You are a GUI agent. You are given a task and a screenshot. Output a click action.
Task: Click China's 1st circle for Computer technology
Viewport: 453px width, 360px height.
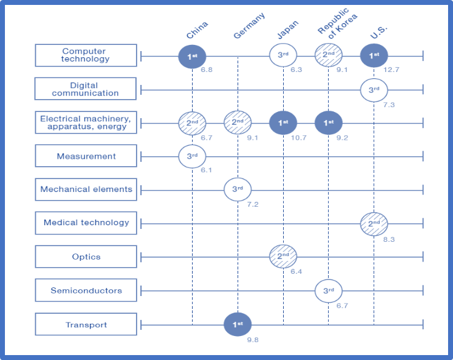pos(192,57)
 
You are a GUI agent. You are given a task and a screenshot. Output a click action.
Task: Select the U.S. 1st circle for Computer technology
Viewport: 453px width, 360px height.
pos(374,55)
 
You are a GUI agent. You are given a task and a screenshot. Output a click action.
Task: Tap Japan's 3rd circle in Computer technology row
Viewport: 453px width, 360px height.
pos(283,55)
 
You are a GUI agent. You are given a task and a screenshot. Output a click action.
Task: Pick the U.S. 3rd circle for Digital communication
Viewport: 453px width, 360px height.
pos(374,90)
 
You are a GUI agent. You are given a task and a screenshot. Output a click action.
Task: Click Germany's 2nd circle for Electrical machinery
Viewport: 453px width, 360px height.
pos(238,122)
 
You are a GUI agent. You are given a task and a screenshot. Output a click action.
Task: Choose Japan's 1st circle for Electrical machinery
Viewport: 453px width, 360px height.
pos(283,123)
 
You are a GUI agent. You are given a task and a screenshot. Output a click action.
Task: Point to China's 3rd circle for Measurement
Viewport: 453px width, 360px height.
pos(192,156)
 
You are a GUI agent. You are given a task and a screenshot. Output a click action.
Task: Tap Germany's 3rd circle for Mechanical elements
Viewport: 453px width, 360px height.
pos(238,190)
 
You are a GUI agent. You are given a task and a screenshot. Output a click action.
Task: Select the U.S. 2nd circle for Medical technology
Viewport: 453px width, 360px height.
pos(374,224)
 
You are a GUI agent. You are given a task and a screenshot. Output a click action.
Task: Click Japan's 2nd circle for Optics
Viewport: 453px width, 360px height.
pos(283,256)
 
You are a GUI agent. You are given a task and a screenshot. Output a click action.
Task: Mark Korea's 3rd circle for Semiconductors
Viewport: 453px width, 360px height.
pos(329,290)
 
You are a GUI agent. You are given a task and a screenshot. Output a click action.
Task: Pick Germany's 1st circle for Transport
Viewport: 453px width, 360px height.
pos(238,324)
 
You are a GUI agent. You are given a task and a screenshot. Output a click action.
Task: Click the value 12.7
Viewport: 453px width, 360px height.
pos(391,70)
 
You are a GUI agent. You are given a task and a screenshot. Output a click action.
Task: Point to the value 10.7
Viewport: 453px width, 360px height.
pos(299,138)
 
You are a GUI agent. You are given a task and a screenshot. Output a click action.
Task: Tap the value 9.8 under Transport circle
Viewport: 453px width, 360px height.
pos(253,340)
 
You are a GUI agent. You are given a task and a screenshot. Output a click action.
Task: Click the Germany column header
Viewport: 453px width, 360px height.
pos(249,25)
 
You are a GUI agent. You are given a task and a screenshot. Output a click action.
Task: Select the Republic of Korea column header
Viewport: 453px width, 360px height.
pos(337,23)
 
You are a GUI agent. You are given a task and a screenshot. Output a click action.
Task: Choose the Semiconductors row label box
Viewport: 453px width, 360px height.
pos(86,290)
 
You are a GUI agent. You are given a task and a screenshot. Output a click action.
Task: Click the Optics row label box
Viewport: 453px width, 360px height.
pos(86,257)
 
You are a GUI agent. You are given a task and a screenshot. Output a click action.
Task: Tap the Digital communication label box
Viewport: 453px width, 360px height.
pos(86,89)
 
